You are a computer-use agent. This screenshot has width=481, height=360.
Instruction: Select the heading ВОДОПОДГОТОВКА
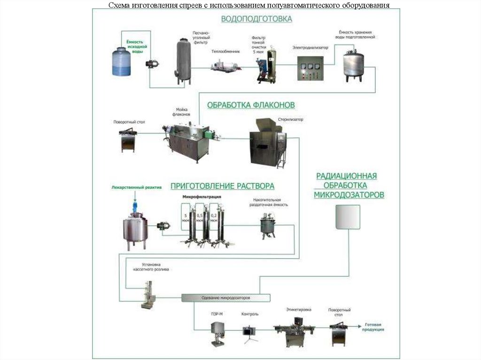tap(256, 19)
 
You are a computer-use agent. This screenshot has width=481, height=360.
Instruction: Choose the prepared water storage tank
tap(353, 65)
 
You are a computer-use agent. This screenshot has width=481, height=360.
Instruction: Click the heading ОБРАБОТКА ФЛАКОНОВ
tap(251, 105)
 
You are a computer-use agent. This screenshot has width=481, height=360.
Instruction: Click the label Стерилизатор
tap(290, 119)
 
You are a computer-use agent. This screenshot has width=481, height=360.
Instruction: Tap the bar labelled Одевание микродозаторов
tap(226, 298)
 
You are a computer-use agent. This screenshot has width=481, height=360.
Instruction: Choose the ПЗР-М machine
tap(217, 333)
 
